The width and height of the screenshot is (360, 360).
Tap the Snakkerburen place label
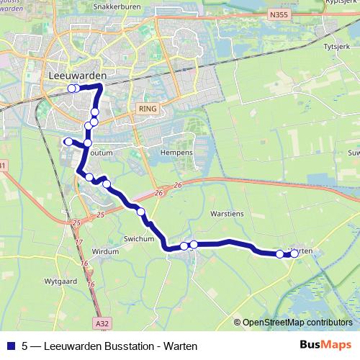[x=114, y=6]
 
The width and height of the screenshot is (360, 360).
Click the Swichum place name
[x=138, y=238]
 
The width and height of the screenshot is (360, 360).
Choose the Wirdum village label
[x=105, y=251]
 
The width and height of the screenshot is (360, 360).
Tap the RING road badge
[x=145, y=107]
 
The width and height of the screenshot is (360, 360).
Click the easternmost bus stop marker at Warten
[x=294, y=253]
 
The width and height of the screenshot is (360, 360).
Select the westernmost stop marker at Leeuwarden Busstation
[x=71, y=89]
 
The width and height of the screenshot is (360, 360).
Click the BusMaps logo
[x=325, y=346]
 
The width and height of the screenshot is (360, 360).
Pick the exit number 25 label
[x=99, y=215]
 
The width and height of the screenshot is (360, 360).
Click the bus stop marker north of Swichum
[x=140, y=212]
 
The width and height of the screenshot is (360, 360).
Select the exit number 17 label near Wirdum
[x=79, y=242]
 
